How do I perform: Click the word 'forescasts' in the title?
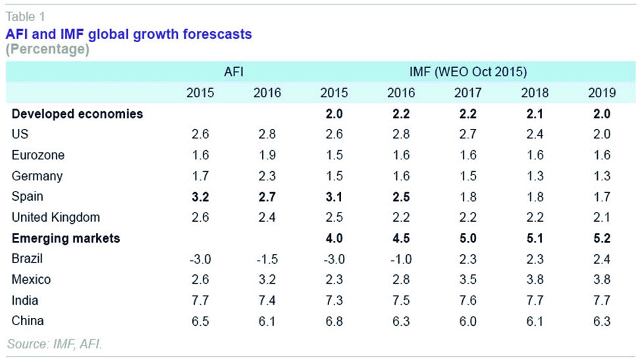[215, 34]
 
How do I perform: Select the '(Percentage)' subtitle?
[47, 49]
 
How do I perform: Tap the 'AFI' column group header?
[234, 71]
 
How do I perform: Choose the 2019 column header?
[601, 93]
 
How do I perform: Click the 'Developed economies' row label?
[77, 114]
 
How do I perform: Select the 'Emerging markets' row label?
[66, 238]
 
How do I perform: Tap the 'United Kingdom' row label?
[56, 217]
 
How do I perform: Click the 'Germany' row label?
[38, 176]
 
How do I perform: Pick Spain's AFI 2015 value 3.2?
[200, 196]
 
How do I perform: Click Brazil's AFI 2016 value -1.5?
[266, 259]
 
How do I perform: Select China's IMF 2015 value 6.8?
[333, 321]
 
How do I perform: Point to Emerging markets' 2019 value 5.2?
[601, 238]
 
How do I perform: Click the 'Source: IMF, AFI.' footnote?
[55, 344]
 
